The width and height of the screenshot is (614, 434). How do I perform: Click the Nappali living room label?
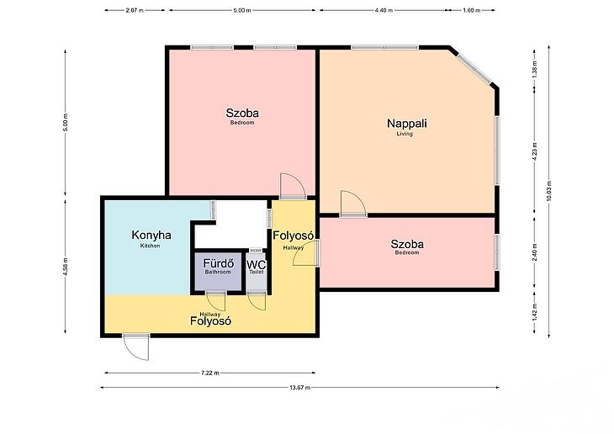click(x=407, y=126)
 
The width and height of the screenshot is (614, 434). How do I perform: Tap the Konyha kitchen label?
click(x=151, y=238)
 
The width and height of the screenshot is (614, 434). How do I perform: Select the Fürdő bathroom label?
click(x=219, y=266)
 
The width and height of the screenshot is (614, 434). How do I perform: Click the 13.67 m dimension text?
click(x=300, y=388)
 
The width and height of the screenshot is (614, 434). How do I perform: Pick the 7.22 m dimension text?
click(x=210, y=373)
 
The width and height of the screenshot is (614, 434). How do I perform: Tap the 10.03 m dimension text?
click(x=548, y=191)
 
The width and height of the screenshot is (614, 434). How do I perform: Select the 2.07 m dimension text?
click(x=135, y=11)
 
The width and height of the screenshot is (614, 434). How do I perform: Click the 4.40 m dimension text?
click(x=384, y=11)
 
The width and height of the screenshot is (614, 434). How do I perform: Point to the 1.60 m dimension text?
click(x=472, y=11)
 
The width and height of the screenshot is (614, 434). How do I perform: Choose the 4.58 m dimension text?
click(x=66, y=267)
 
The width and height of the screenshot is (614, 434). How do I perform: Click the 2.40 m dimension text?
click(x=535, y=252)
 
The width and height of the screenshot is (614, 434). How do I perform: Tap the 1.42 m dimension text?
click(x=535, y=312)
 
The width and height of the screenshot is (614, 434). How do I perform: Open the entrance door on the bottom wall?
click(x=136, y=347)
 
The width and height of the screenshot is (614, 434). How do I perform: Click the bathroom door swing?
click(x=216, y=301)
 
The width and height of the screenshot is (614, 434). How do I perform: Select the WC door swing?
click(x=257, y=301)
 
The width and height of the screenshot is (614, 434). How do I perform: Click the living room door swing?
click(x=352, y=204)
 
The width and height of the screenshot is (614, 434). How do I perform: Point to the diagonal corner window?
click(x=474, y=68)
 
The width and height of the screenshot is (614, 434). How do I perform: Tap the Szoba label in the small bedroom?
click(x=407, y=245)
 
